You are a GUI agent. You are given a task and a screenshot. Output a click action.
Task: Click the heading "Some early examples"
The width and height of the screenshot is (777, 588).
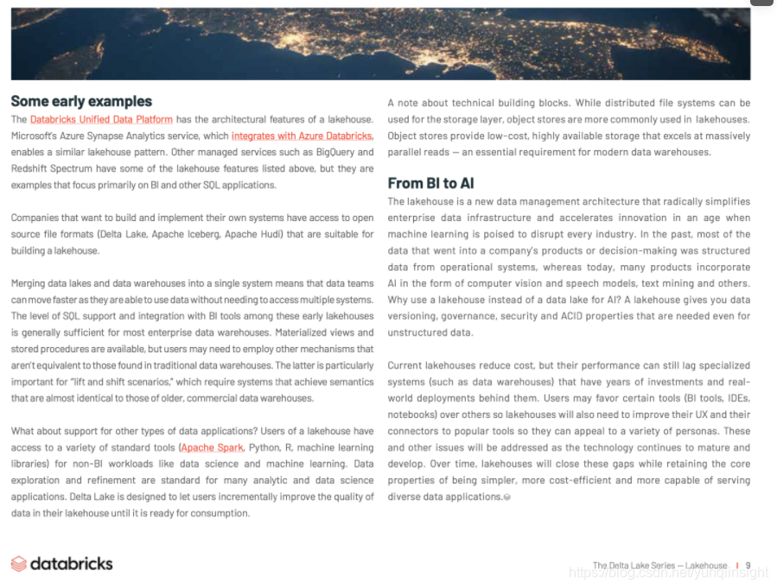(81, 101)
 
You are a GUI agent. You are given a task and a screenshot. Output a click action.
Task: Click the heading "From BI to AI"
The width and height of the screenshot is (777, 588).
(430, 183)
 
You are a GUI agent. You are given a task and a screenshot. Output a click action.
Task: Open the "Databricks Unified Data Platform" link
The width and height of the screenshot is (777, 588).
(101, 119)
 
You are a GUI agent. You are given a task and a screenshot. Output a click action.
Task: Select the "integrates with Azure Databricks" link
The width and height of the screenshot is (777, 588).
(302, 136)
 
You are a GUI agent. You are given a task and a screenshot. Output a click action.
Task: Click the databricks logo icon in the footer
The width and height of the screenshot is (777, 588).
(19, 564)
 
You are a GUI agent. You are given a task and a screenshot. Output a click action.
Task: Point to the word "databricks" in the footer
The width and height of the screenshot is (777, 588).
(72, 564)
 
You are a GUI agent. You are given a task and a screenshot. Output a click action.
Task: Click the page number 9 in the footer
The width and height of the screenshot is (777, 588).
(748, 566)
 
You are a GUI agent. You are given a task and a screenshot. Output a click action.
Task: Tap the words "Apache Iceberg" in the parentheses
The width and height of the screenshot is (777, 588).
(183, 234)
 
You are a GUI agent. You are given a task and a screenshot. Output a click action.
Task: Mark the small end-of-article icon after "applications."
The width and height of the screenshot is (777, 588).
(507, 497)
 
